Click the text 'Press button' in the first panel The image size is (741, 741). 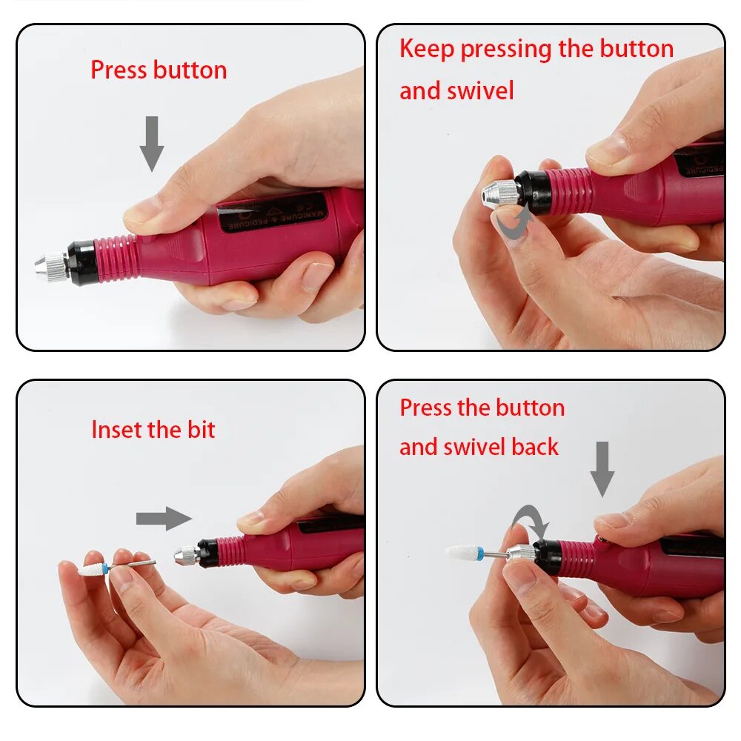tap(159, 70)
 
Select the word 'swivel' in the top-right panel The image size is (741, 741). tap(480, 91)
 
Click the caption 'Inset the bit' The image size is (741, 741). tap(153, 430)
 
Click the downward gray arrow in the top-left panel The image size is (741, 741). tap(152, 142)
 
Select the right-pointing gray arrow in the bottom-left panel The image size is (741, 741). tap(164, 519)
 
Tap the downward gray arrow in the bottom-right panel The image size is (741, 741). tap(602, 468)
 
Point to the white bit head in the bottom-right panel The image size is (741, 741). tap(463, 553)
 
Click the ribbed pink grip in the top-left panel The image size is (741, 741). tap(119, 259)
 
